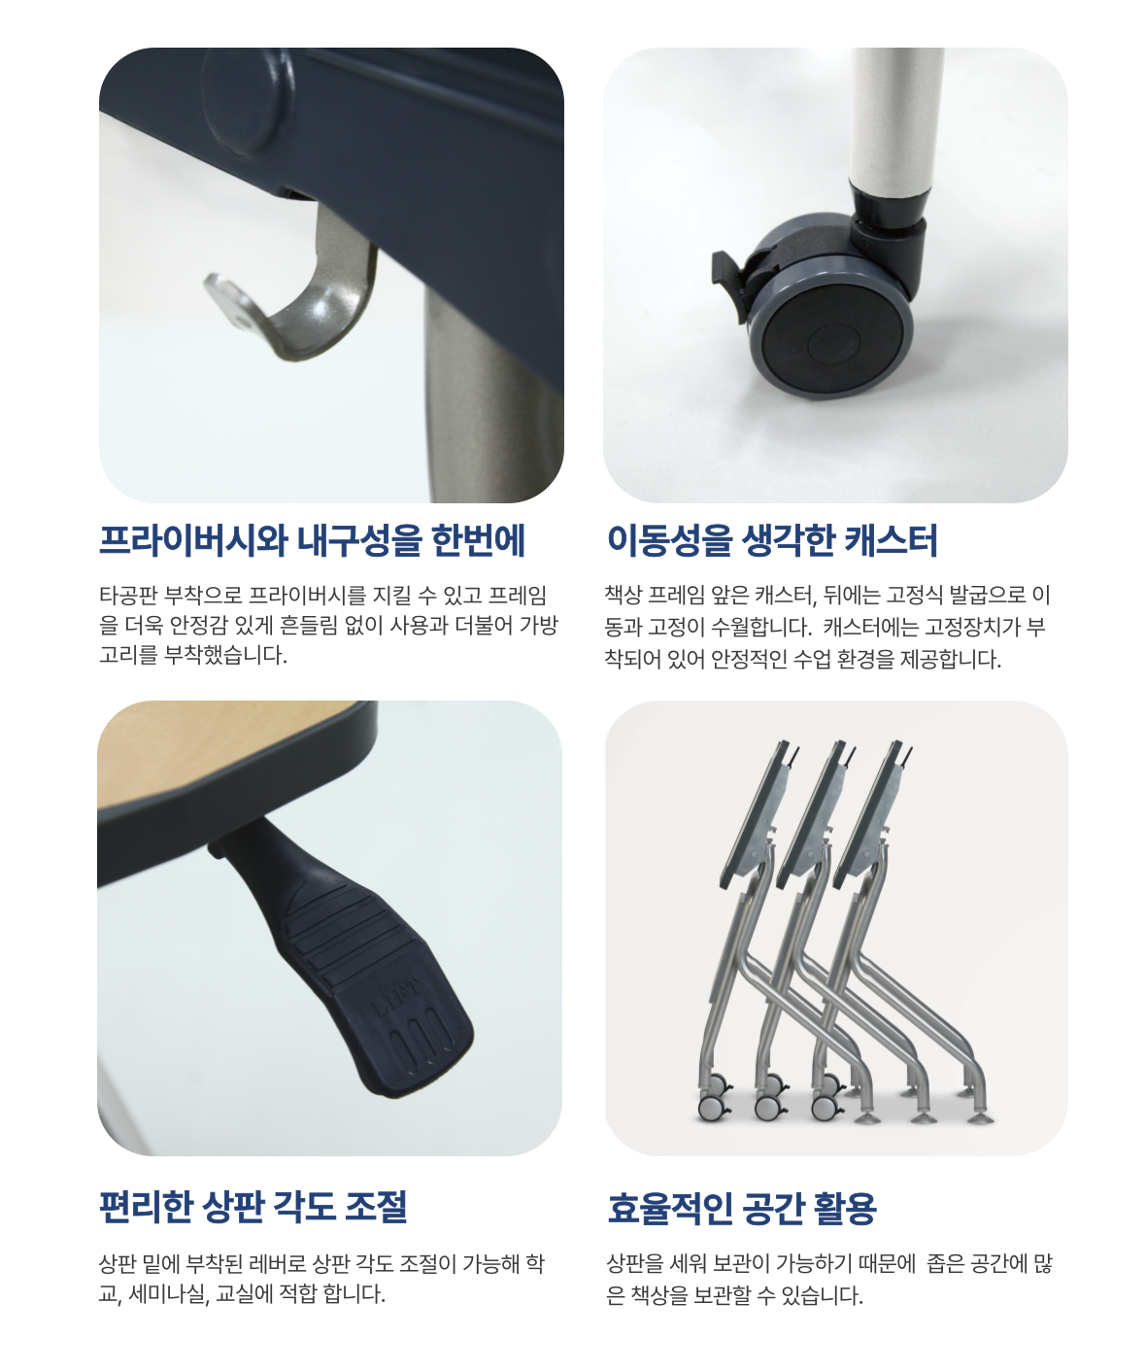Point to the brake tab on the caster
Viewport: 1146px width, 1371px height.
point(727,279)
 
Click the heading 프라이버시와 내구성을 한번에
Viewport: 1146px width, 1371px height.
point(312,540)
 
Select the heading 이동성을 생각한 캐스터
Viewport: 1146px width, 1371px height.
point(772,540)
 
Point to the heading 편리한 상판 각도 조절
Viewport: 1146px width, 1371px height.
point(253,1207)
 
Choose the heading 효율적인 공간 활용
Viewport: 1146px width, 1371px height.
point(742,1208)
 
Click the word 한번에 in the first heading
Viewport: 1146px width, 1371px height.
point(479,540)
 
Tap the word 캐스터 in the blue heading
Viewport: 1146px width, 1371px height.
point(890,540)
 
